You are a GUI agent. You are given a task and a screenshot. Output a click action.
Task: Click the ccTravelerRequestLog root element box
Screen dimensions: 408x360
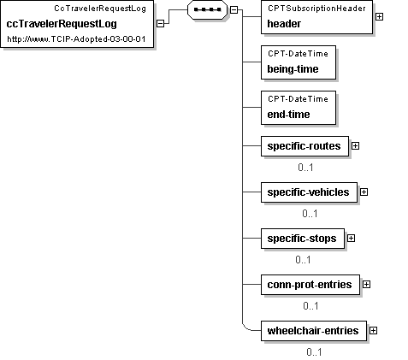pos(77,24)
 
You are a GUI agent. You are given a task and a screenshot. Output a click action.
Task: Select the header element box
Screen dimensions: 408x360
pos(316,17)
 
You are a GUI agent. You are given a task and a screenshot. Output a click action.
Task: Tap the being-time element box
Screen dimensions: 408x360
pos(299,62)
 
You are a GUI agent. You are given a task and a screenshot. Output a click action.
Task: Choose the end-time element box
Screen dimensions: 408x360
pos(299,108)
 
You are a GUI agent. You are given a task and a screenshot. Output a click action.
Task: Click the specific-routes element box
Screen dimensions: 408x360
pos(305,146)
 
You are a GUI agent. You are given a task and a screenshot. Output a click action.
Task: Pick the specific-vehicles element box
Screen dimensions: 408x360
pos(309,192)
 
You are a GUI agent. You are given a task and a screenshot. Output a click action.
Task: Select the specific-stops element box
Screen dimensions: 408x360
pos(303,239)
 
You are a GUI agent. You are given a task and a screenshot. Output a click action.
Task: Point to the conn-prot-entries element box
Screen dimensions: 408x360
pos(310,285)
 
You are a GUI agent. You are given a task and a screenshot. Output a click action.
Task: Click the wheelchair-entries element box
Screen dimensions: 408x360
pos(314,331)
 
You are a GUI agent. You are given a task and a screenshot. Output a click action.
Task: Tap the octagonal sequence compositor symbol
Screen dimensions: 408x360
pos(207,9)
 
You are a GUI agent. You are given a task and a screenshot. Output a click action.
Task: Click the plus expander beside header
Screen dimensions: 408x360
pos(379,17)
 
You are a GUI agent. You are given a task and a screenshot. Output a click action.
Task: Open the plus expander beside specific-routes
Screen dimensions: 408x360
pos(355,146)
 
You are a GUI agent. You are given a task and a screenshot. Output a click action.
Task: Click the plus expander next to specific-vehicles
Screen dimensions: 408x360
pos(364,192)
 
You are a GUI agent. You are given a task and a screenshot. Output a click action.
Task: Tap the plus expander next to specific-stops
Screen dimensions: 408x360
pos(351,239)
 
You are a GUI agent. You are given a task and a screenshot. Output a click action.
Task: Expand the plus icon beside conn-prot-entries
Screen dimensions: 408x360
pos(366,285)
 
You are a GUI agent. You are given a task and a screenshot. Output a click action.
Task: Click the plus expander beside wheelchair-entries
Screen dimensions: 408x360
pos(373,331)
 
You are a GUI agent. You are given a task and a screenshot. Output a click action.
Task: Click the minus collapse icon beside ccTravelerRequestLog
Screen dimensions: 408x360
pos(161,24)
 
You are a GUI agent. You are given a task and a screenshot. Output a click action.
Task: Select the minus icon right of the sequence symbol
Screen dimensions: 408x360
pos(234,9)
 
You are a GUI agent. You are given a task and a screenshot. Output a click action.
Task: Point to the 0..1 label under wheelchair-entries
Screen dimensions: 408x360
pos(314,352)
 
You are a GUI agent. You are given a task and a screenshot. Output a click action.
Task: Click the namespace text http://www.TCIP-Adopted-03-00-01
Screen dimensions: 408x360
pos(76,39)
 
